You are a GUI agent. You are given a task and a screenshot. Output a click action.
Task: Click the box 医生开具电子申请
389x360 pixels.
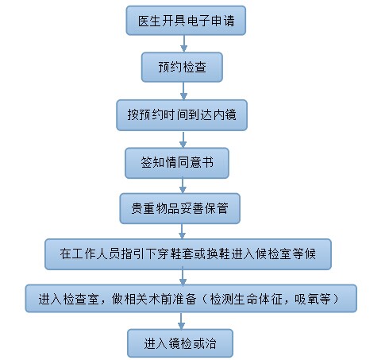click(186, 21)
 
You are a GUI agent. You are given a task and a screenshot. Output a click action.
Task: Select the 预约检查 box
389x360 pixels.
click(182, 67)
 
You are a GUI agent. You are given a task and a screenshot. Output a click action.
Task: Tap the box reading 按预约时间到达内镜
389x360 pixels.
click(182, 115)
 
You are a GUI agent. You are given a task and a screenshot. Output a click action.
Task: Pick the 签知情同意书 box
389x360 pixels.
click(177, 163)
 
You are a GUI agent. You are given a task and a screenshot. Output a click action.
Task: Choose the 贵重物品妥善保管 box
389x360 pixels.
click(180, 208)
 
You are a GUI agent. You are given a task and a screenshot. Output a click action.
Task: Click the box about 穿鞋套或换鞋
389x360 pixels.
click(188, 254)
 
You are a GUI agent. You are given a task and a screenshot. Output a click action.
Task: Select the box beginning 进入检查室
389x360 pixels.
click(191, 299)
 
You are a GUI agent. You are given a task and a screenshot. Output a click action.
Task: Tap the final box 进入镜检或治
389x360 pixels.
click(180, 343)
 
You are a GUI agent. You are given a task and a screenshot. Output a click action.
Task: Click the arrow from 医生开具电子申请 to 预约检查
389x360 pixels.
click(184, 44)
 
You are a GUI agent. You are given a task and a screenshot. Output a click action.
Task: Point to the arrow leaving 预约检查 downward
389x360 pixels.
click(183, 91)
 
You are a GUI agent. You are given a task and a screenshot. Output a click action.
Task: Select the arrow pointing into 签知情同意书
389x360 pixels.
click(183, 139)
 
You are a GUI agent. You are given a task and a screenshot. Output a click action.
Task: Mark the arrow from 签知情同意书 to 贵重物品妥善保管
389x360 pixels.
click(183, 186)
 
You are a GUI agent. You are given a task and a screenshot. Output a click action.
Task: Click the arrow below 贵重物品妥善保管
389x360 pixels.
click(182, 231)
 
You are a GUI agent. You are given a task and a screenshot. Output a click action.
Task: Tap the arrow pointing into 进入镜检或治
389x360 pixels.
click(181, 321)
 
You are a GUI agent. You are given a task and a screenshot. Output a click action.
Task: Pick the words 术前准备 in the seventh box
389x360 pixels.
click(172, 299)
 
